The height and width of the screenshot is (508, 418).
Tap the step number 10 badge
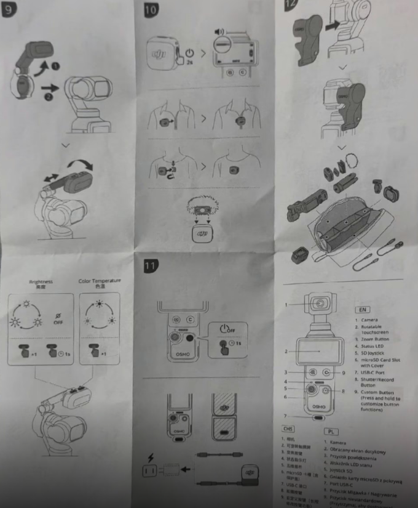151,10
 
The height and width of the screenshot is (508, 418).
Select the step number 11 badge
150,265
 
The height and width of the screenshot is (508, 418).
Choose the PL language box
330,431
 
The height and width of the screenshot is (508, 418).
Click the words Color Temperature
100,281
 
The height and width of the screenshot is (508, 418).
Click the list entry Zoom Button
375,339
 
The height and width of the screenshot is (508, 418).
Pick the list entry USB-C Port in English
374,373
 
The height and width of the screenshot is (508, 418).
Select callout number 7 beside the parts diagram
285,417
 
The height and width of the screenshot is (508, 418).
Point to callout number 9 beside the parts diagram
344,373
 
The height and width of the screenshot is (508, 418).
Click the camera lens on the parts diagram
318,304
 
